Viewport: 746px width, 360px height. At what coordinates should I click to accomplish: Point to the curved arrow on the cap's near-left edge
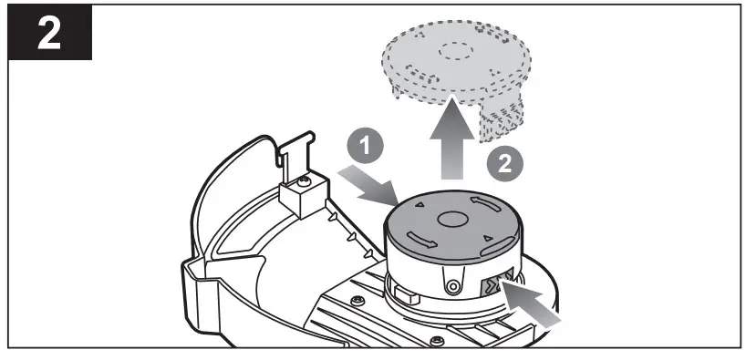(421, 239)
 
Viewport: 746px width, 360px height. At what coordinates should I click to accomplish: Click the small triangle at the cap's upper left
(420, 208)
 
